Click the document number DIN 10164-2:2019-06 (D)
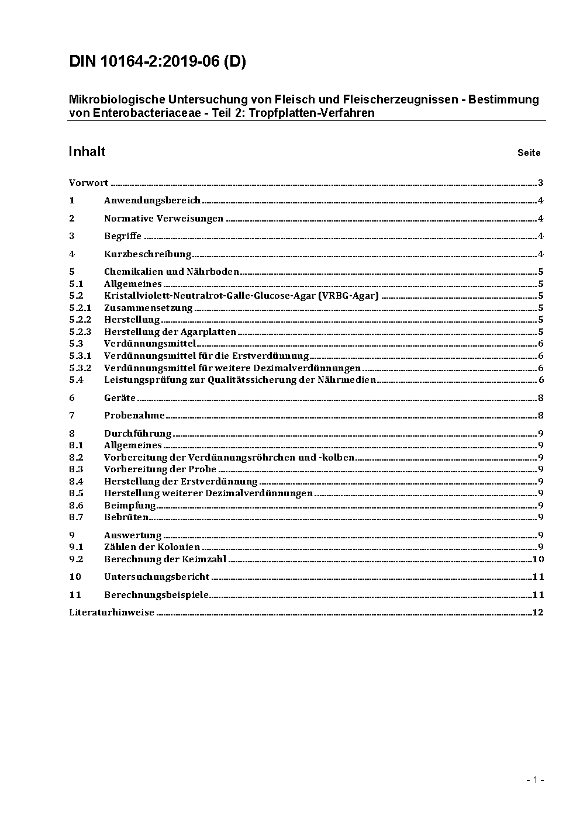coord(157,61)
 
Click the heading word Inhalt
coord(87,151)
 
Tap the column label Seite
coord(529,153)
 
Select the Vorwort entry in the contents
coord(88,183)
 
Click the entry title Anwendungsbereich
coord(152,200)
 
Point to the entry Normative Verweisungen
coord(164,219)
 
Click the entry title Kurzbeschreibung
coord(147,254)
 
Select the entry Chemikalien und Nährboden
coord(171,271)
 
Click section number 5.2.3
coord(80,331)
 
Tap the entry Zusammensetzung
coord(148,307)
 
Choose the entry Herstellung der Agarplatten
coord(170,331)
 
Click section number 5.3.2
coord(80,368)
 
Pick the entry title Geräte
coord(119,397)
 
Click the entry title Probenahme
coord(134,416)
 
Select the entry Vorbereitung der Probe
coord(160,469)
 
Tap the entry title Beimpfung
coord(130,505)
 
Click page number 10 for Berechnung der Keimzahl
coord(538,559)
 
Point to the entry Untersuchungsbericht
coord(156,576)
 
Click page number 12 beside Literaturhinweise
coord(538,612)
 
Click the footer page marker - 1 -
coord(535,779)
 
